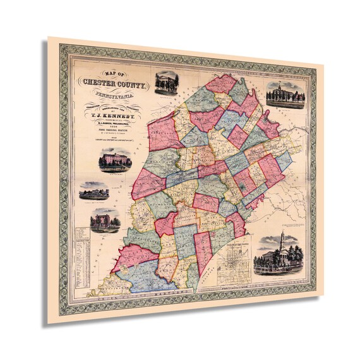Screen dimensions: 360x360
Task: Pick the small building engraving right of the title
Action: [x=167, y=82]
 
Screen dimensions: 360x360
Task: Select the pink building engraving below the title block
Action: [x=116, y=159]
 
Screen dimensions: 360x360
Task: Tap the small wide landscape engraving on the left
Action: [x=93, y=191]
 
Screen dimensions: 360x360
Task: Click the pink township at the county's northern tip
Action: [x=221, y=84]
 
